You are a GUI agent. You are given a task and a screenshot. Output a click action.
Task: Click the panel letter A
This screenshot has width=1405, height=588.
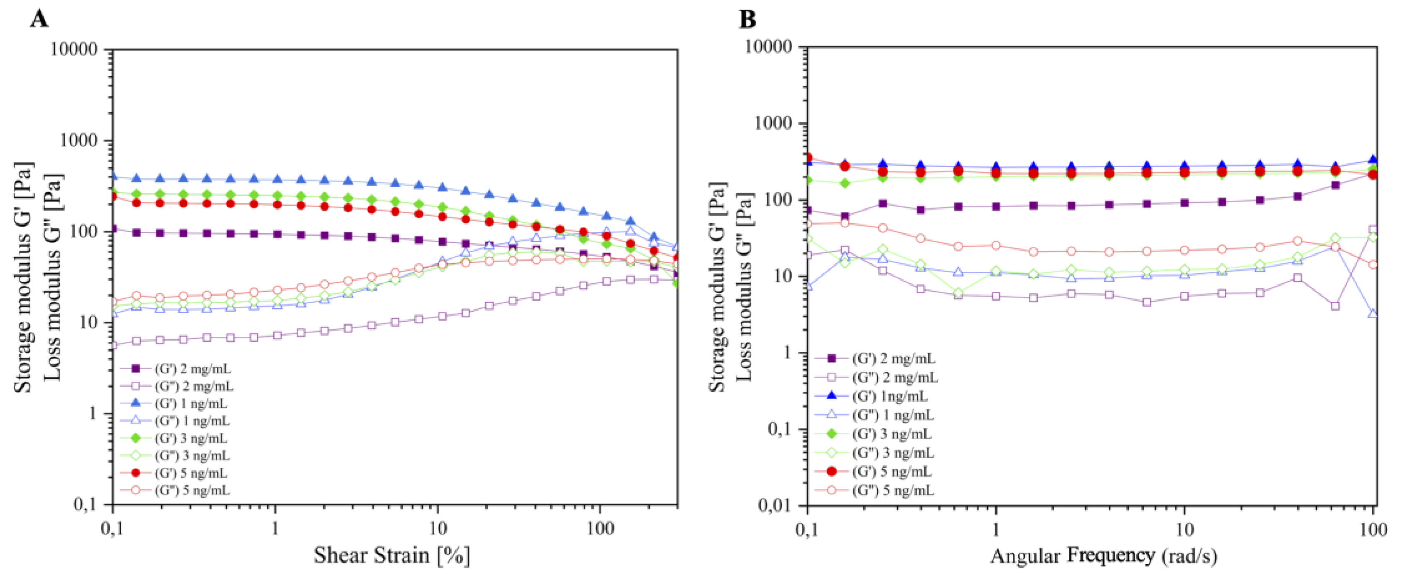pyautogui.click(x=39, y=20)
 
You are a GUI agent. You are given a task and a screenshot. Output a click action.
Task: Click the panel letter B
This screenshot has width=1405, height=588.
pyautogui.click(x=747, y=20)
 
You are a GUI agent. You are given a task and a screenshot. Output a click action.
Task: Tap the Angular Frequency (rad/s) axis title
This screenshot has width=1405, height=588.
pyautogui.click(x=1103, y=555)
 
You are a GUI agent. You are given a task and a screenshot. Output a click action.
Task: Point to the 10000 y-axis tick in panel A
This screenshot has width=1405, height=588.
pyautogui.click(x=74, y=49)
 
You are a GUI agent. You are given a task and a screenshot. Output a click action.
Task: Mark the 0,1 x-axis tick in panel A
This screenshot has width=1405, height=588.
pyautogui.click(x=112, y=529)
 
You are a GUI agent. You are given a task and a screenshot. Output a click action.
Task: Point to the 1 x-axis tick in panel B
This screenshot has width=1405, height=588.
pyautogui.click(x=996, y=529)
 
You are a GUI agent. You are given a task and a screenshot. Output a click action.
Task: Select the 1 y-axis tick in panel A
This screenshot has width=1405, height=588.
pyautogui.click(x=92, y=413)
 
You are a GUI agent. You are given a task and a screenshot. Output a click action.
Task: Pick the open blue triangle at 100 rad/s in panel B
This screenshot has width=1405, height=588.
pyautogui.click(x=1373, y=314)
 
